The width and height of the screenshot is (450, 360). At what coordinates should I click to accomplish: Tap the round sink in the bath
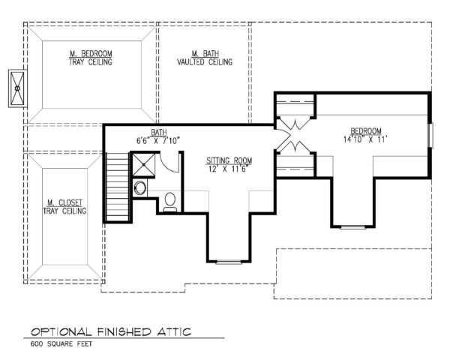(x=140, y=187)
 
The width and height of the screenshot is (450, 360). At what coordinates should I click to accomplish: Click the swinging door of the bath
(x=172, y=162)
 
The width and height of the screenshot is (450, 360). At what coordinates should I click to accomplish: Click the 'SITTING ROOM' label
(x=229, y=160)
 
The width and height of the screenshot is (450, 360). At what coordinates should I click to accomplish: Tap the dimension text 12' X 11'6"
(x=229, y=169)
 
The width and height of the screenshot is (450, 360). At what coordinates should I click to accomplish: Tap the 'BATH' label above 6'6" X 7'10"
(x=157, y=132)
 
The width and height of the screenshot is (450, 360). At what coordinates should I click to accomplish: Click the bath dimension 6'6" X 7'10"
(x=157, y=140)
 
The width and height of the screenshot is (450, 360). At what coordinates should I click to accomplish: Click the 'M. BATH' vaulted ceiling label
(x=204, y=54)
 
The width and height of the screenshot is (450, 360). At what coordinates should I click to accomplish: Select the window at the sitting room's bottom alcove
(x=229, y=262)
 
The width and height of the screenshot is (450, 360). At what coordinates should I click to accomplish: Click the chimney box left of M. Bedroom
(x=16, y=88)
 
